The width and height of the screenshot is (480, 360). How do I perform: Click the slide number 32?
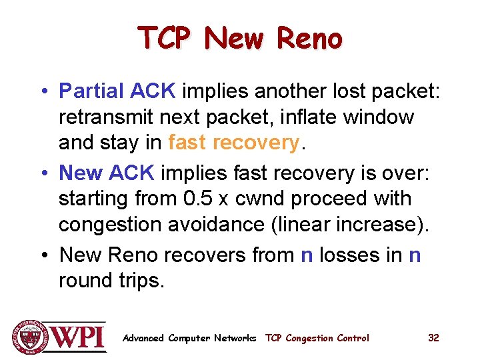[433, 338]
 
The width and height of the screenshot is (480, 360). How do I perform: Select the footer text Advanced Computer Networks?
[189, 338]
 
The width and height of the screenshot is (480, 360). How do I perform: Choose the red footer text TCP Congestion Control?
[317, 338]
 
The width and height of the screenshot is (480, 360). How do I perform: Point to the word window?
[379, 117]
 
